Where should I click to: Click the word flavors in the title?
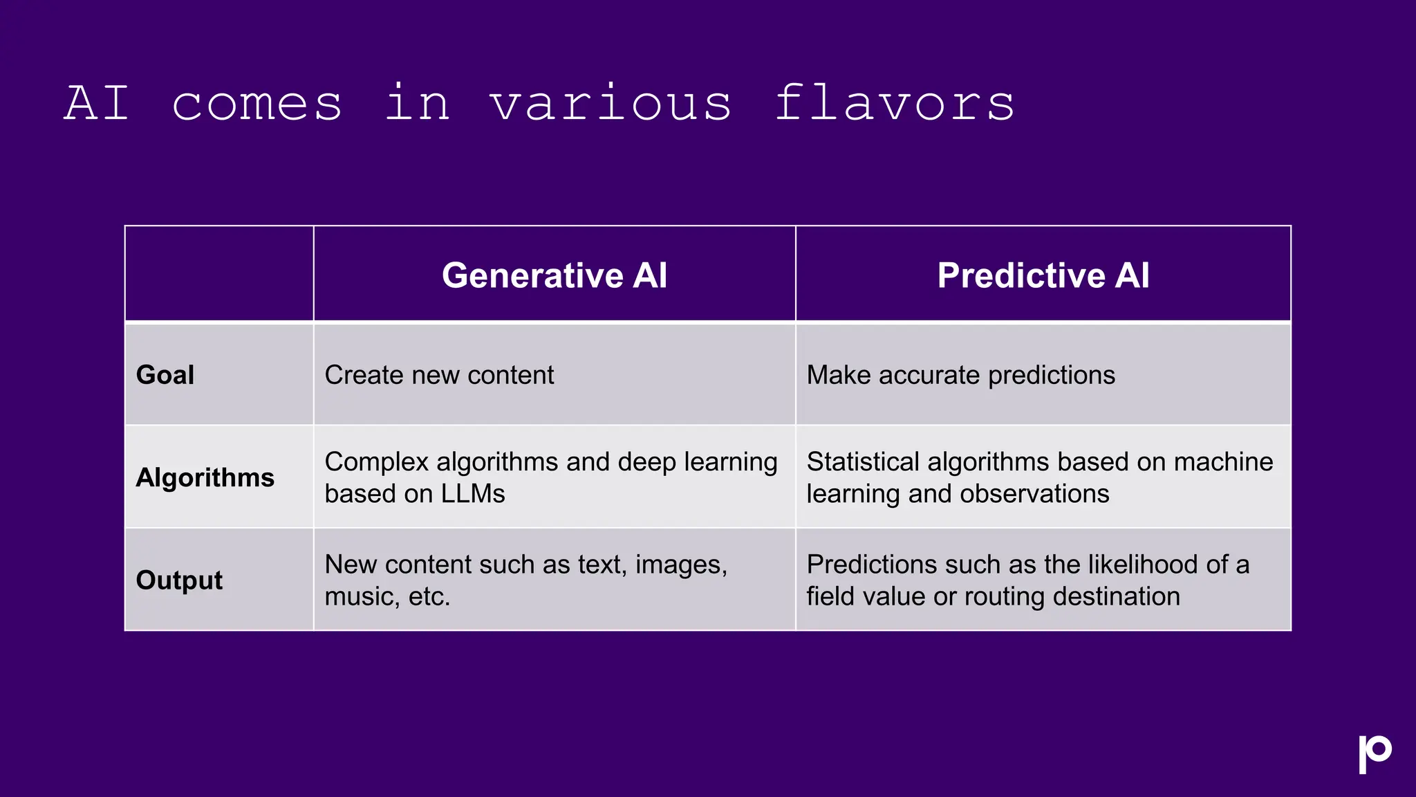tap(894, 102)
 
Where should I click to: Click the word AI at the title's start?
tap(97, 102)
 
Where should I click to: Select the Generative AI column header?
tap(555, 275)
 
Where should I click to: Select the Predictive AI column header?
tap(1043, 275)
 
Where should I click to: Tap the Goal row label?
tap(165, 375)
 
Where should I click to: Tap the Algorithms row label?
tap(205, 477)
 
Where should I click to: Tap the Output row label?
tap(179, 580)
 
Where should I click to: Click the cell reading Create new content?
tap(439, 375)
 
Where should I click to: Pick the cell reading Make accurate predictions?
tap(960, 375)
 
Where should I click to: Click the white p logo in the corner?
tap(1375, 753)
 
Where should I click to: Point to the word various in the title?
tap(610, 102)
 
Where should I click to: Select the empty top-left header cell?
tap(219, 274)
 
